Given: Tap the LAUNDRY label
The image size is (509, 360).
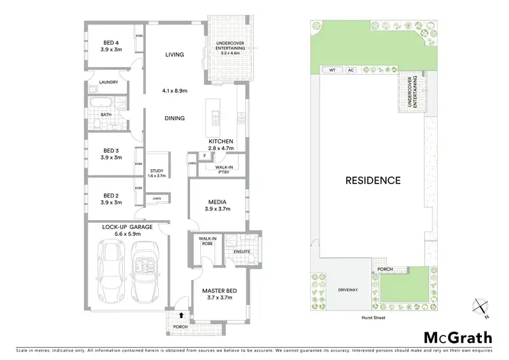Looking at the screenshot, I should click(109, 83).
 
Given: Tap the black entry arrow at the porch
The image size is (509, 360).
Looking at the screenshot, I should click(182, 314).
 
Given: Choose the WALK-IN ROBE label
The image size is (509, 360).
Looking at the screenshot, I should click(207, 241).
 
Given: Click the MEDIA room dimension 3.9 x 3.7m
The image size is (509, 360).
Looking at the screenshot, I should click(219, 209).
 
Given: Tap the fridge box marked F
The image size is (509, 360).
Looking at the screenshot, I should click(204, 156).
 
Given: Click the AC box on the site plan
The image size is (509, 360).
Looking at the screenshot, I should click(350, 70).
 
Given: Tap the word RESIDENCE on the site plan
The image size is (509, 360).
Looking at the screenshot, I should click(373, 181).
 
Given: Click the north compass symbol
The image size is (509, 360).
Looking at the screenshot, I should click(480, 308).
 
